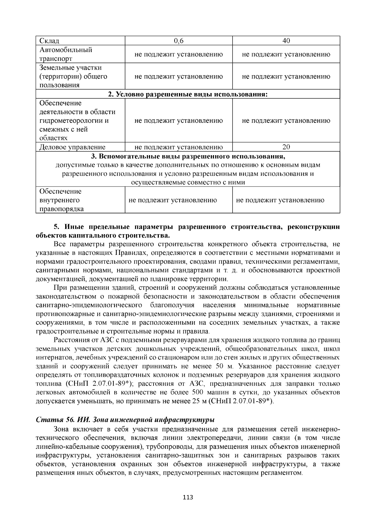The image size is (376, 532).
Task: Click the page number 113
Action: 188,497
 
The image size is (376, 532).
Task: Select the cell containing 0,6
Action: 179,41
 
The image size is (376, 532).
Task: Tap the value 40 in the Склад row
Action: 286,41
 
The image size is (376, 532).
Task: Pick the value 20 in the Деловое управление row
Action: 286,147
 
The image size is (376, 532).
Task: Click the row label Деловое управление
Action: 72,147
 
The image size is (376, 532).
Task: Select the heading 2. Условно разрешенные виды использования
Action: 188,94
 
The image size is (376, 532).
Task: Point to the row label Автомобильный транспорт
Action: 66,54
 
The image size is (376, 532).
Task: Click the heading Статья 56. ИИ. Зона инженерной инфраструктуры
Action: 125,420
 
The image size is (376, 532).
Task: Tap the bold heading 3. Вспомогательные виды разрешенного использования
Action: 188,156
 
